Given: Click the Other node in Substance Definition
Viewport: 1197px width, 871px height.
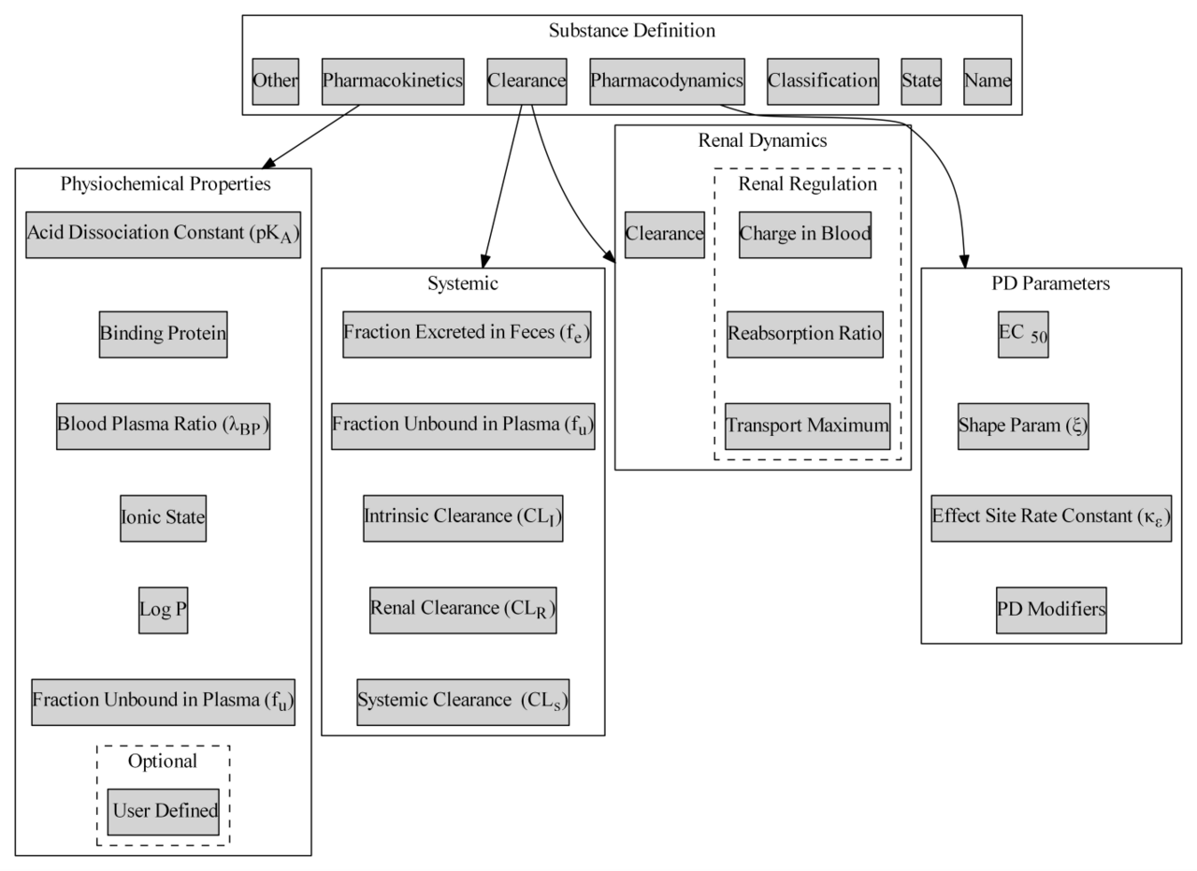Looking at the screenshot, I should click(x=275, y=81).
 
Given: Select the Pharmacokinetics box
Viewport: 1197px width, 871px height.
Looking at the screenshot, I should click(x=393, y=81).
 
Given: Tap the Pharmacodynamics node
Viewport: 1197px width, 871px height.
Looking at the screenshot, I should click(x=666, y=81).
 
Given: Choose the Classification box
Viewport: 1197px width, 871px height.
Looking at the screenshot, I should click(x=823, y=81).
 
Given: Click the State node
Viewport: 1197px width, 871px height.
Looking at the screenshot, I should click(x=921, y=81).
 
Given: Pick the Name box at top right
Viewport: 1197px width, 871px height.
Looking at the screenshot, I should click(x=988, y=81).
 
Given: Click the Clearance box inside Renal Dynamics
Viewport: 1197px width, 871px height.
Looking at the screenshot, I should click(x=664, y=234).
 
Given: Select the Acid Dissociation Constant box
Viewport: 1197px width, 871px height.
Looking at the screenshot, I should click(x=163, y=234).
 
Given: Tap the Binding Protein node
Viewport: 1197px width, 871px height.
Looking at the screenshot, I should click(x=163, y=334).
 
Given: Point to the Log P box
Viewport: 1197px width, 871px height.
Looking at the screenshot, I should click(x=163, y=610).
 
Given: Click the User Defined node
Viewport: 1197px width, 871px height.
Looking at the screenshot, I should click(x=163, y=811).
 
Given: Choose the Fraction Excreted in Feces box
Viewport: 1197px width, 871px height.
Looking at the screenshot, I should click(x=466, y=334).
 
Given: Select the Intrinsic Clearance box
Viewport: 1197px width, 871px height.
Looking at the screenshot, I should click(x=463, y=517).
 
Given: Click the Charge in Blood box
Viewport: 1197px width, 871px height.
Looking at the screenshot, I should click(x=804, y=234).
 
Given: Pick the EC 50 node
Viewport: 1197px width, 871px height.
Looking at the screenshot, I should click(x=1022, y=334).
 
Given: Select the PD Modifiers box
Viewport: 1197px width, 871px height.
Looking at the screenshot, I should click(x=1051, y=610).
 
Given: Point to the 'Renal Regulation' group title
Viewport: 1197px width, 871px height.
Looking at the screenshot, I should click(x=807, y=183).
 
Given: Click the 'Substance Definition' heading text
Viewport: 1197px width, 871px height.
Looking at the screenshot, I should click(x=631, y=31).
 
